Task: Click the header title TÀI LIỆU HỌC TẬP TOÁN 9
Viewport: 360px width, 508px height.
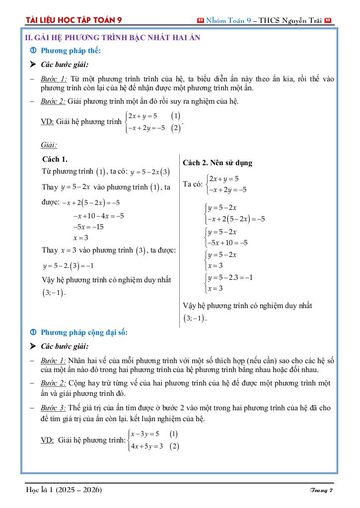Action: point(74,20)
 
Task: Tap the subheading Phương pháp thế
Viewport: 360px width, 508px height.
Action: point(71,51)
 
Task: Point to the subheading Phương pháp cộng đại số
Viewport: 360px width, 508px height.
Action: point(84,332)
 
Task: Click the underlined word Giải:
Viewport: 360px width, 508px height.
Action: point(49,145)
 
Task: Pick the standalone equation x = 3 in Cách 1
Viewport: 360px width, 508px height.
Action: point(80,238)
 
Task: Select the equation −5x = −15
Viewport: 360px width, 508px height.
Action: point(88,227)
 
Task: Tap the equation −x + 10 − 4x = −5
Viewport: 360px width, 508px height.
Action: point(98,216)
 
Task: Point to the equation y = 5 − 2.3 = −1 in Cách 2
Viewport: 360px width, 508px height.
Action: point(230,277)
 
